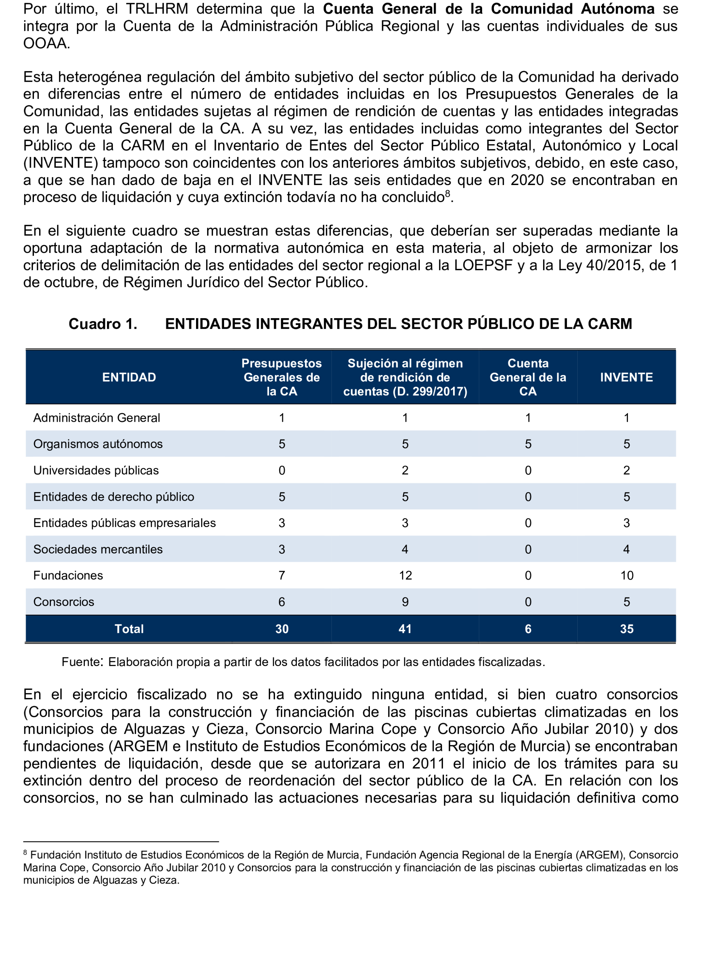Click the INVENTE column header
[626, 377]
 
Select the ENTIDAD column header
[129, 377]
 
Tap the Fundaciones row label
[68, 575]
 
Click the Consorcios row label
[64, 602]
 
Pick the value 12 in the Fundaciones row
[405, 575]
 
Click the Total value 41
[405, 629]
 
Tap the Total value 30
[282, 629]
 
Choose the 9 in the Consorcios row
[405, 602]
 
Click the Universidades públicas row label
[96, 470]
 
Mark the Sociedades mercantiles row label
[98, 549]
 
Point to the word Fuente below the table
[81, 662]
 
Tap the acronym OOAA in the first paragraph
[45, 43]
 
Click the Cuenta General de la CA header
[528, 377]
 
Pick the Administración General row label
[97, 418]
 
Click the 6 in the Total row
[528, 629]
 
